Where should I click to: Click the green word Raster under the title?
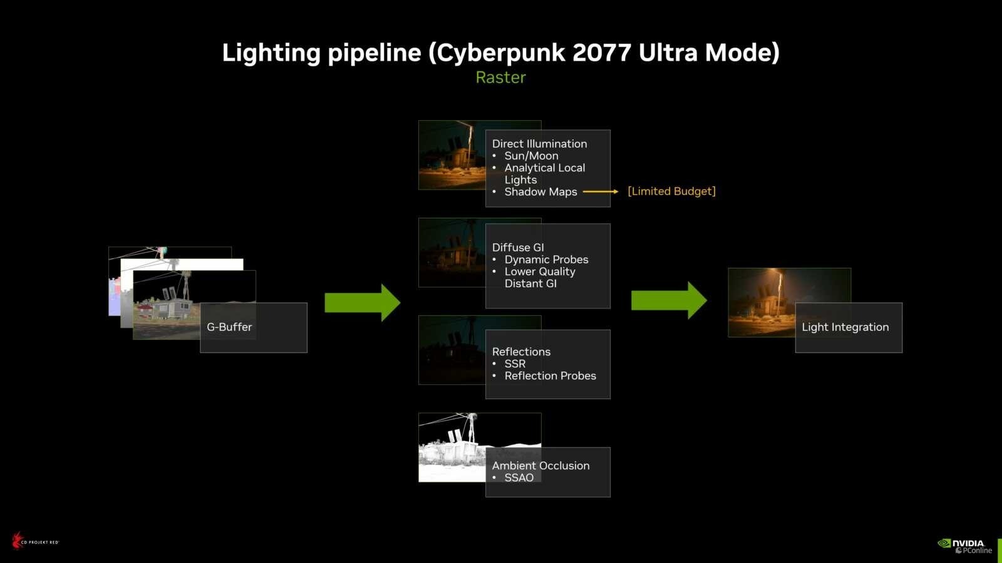tap(500, 78)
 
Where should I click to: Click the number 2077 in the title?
tap(602, 53)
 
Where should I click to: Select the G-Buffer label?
tap(229, 327)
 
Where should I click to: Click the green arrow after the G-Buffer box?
tap(363, 303)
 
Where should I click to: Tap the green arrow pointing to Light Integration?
tap(669, 300)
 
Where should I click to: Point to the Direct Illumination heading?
tap(539, 144)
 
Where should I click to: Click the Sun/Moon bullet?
tap(532, 156)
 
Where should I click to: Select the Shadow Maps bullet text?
tap(541, 191)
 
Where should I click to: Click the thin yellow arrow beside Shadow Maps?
tap(601, 191)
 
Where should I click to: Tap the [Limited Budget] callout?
tap(672, 191)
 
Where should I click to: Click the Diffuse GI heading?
tap(518, 248)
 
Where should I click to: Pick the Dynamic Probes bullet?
tap(546, 260)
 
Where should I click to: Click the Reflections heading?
tap(521, 352)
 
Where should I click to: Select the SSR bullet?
tap(515, 363)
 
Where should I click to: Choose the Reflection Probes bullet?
tap(550, 376)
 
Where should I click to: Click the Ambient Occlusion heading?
tap(541, 465)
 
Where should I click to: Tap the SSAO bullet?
tap(519, 478)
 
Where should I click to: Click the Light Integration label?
tap(845, 327)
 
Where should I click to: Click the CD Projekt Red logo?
tap(35, 540)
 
